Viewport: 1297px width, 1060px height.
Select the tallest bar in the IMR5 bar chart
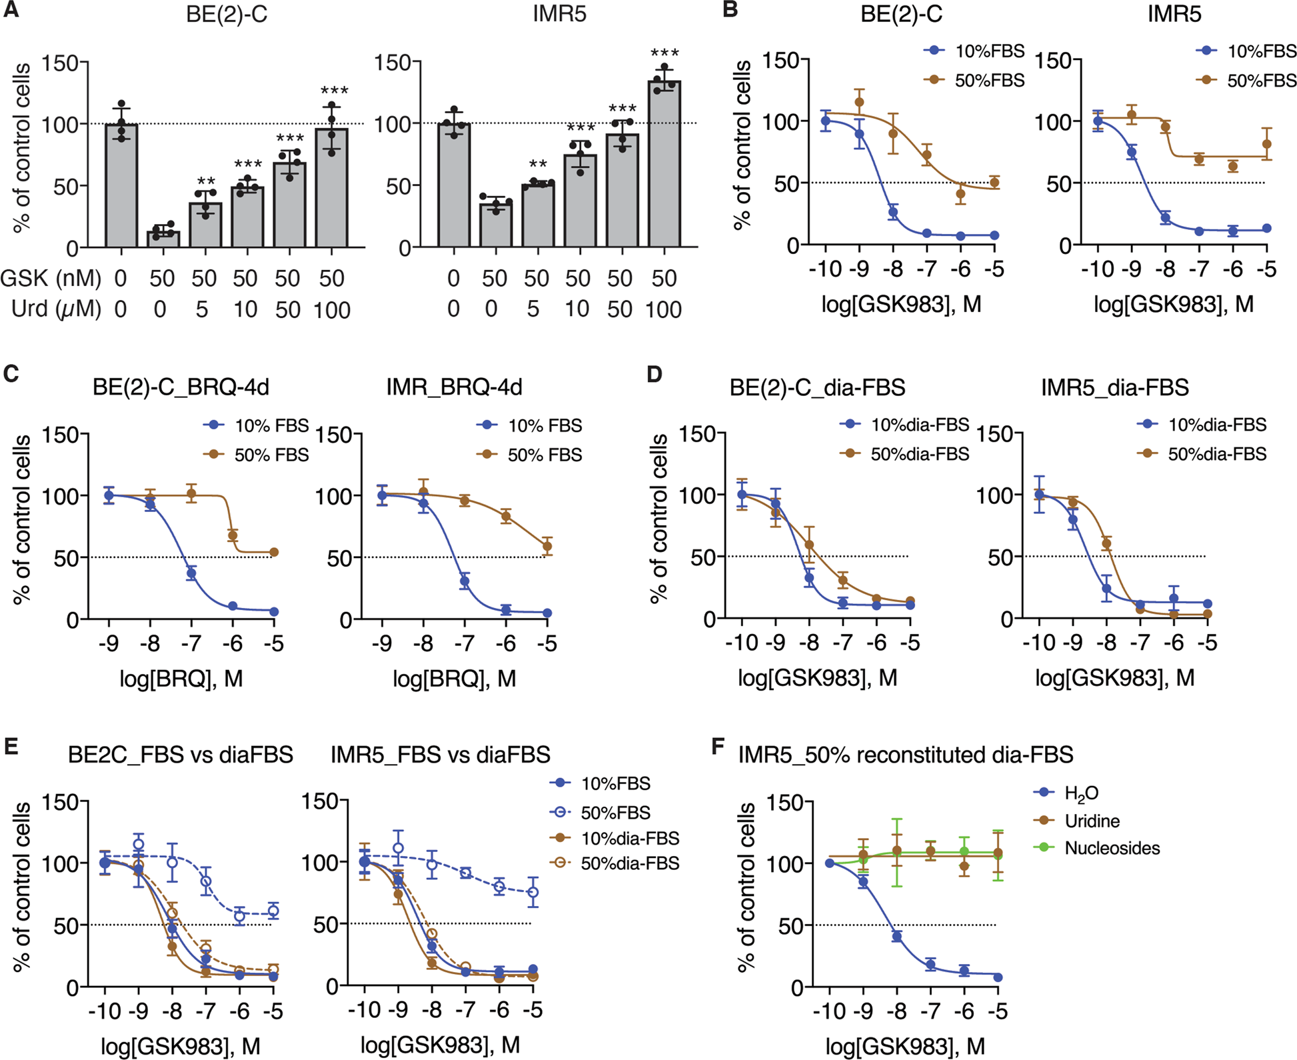pos(664,163)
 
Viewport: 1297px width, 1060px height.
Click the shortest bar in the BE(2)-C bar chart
pos(163,239)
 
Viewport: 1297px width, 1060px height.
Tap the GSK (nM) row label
pos(51,279)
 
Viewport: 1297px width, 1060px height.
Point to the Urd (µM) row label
pos(56,310)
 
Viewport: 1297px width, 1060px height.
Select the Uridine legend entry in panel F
pos(1092,821)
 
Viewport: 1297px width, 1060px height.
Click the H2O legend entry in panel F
pos(1081,793)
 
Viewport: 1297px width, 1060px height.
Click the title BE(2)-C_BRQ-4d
pos(181,387)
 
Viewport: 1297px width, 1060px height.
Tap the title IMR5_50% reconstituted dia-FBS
pos(906,755)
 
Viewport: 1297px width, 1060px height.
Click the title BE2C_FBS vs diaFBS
pos(181,755)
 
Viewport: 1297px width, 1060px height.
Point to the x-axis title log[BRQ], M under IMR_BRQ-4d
pos(455,679)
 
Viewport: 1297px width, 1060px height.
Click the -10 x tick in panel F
pos(829,1011)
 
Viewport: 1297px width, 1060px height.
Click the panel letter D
pos(654,375)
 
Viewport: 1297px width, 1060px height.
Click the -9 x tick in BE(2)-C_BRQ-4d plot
pos(109,644)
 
